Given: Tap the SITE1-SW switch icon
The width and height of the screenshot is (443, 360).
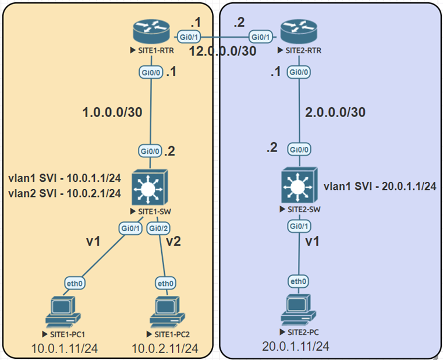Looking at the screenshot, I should [x=150, y=186].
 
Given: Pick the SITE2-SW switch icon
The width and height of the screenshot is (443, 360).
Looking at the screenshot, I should [x=299, y=186].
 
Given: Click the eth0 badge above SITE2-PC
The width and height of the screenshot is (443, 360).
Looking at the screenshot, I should [x=299, y=281].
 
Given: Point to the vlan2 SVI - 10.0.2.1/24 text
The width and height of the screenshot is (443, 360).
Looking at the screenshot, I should [x=65, y=193].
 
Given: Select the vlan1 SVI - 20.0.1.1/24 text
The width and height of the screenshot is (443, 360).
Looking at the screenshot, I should [x=379, y=186].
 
